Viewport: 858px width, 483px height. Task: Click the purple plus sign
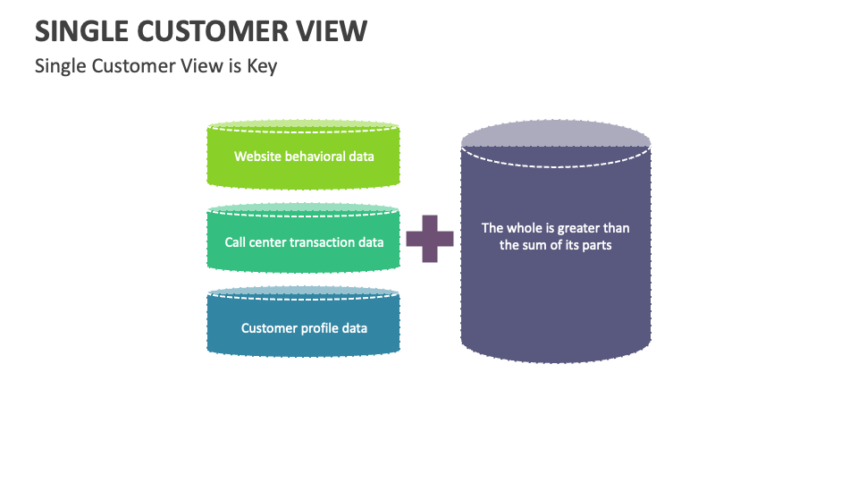pos(429,239)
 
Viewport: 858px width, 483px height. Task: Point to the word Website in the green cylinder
pos(257,157)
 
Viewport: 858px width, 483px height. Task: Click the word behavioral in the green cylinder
pos(315,157)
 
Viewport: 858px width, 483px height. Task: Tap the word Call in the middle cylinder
pos(235,242)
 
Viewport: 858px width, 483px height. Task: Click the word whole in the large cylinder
pos(526,228)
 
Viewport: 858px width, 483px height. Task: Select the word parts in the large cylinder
pos(596,245)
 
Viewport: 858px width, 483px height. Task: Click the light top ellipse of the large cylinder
pos(556,133)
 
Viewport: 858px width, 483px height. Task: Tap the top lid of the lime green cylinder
pos(303,125)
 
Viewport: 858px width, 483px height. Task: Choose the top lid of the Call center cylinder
pos(303,208)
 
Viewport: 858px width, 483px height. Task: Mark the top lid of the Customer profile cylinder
pos(303,292)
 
